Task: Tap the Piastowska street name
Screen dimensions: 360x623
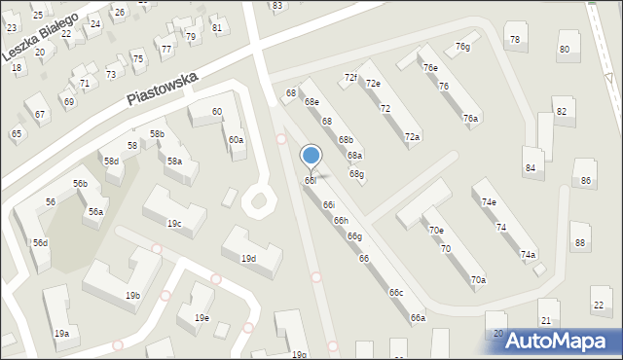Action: pos(162,89)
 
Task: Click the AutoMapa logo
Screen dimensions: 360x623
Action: pos(562,341)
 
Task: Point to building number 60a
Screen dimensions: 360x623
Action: pos(237,140)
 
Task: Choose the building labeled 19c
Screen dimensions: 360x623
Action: pos(174,224)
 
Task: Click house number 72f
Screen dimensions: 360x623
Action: pos(350,77)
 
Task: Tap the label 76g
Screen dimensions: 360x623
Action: pos(462,47)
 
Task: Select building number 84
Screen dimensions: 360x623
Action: pos(530,167)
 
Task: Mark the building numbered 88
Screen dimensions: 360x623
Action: pos(580,242)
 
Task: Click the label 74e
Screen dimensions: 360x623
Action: pos(489,201)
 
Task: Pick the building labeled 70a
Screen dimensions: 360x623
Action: pos(478,280)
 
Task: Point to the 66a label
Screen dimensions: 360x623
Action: pos(418,318)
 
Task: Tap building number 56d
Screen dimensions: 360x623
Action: pos(40,242)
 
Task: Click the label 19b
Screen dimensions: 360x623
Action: pos(132,295)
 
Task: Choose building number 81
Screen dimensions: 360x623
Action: pos(216,27)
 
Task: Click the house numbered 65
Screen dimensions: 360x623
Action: pos(16,133)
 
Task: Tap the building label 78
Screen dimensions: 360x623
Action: pos(514,39)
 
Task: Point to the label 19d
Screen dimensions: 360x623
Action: pos(248,259)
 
